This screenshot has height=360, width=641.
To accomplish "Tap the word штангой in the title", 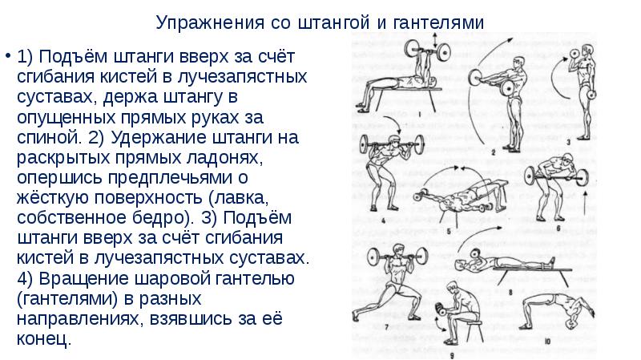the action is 334,22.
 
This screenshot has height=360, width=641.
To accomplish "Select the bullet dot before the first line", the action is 7,55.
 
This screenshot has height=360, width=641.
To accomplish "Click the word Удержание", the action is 159,138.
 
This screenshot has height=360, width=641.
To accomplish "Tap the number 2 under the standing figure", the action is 494,152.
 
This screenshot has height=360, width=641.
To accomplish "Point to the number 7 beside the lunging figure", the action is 386,327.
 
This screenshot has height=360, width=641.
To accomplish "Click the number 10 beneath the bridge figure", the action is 547,341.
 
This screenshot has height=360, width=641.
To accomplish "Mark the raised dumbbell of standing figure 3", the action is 574,54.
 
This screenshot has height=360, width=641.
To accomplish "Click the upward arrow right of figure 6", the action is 587,203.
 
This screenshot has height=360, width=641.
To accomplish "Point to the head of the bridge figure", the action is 571,325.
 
